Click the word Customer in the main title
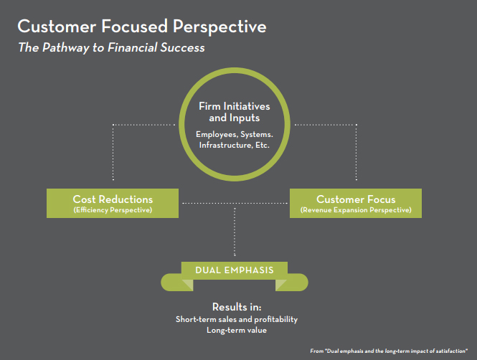tap(57, 26)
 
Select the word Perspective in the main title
tap(219, 27)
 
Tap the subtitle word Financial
tap(132, 47)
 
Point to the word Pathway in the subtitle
tap(65, 48)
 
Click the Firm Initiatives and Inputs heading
tap(235, 112)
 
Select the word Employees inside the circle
tap(217, 135)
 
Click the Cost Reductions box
tap(113, 203)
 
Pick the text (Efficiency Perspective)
tap(113, 210)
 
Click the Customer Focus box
tap(356, 203)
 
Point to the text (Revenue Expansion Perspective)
tap(356, 210)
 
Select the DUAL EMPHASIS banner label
tap(235, 270)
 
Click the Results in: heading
tap(237, 307)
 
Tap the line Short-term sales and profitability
tap(237, 319)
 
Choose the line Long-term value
tap(237, 330)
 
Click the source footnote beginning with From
tap(389, 351)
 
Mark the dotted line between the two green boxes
tap(235, 203)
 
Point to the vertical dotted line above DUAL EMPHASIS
tap(235, 232)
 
